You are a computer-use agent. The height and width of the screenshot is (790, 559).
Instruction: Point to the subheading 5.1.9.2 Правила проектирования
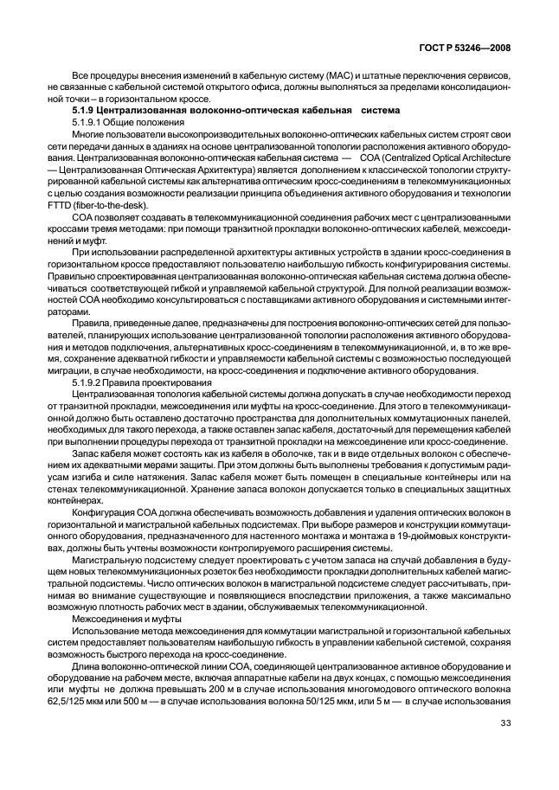point(137,382)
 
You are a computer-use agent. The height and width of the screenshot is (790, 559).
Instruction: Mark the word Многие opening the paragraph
point(87,137)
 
